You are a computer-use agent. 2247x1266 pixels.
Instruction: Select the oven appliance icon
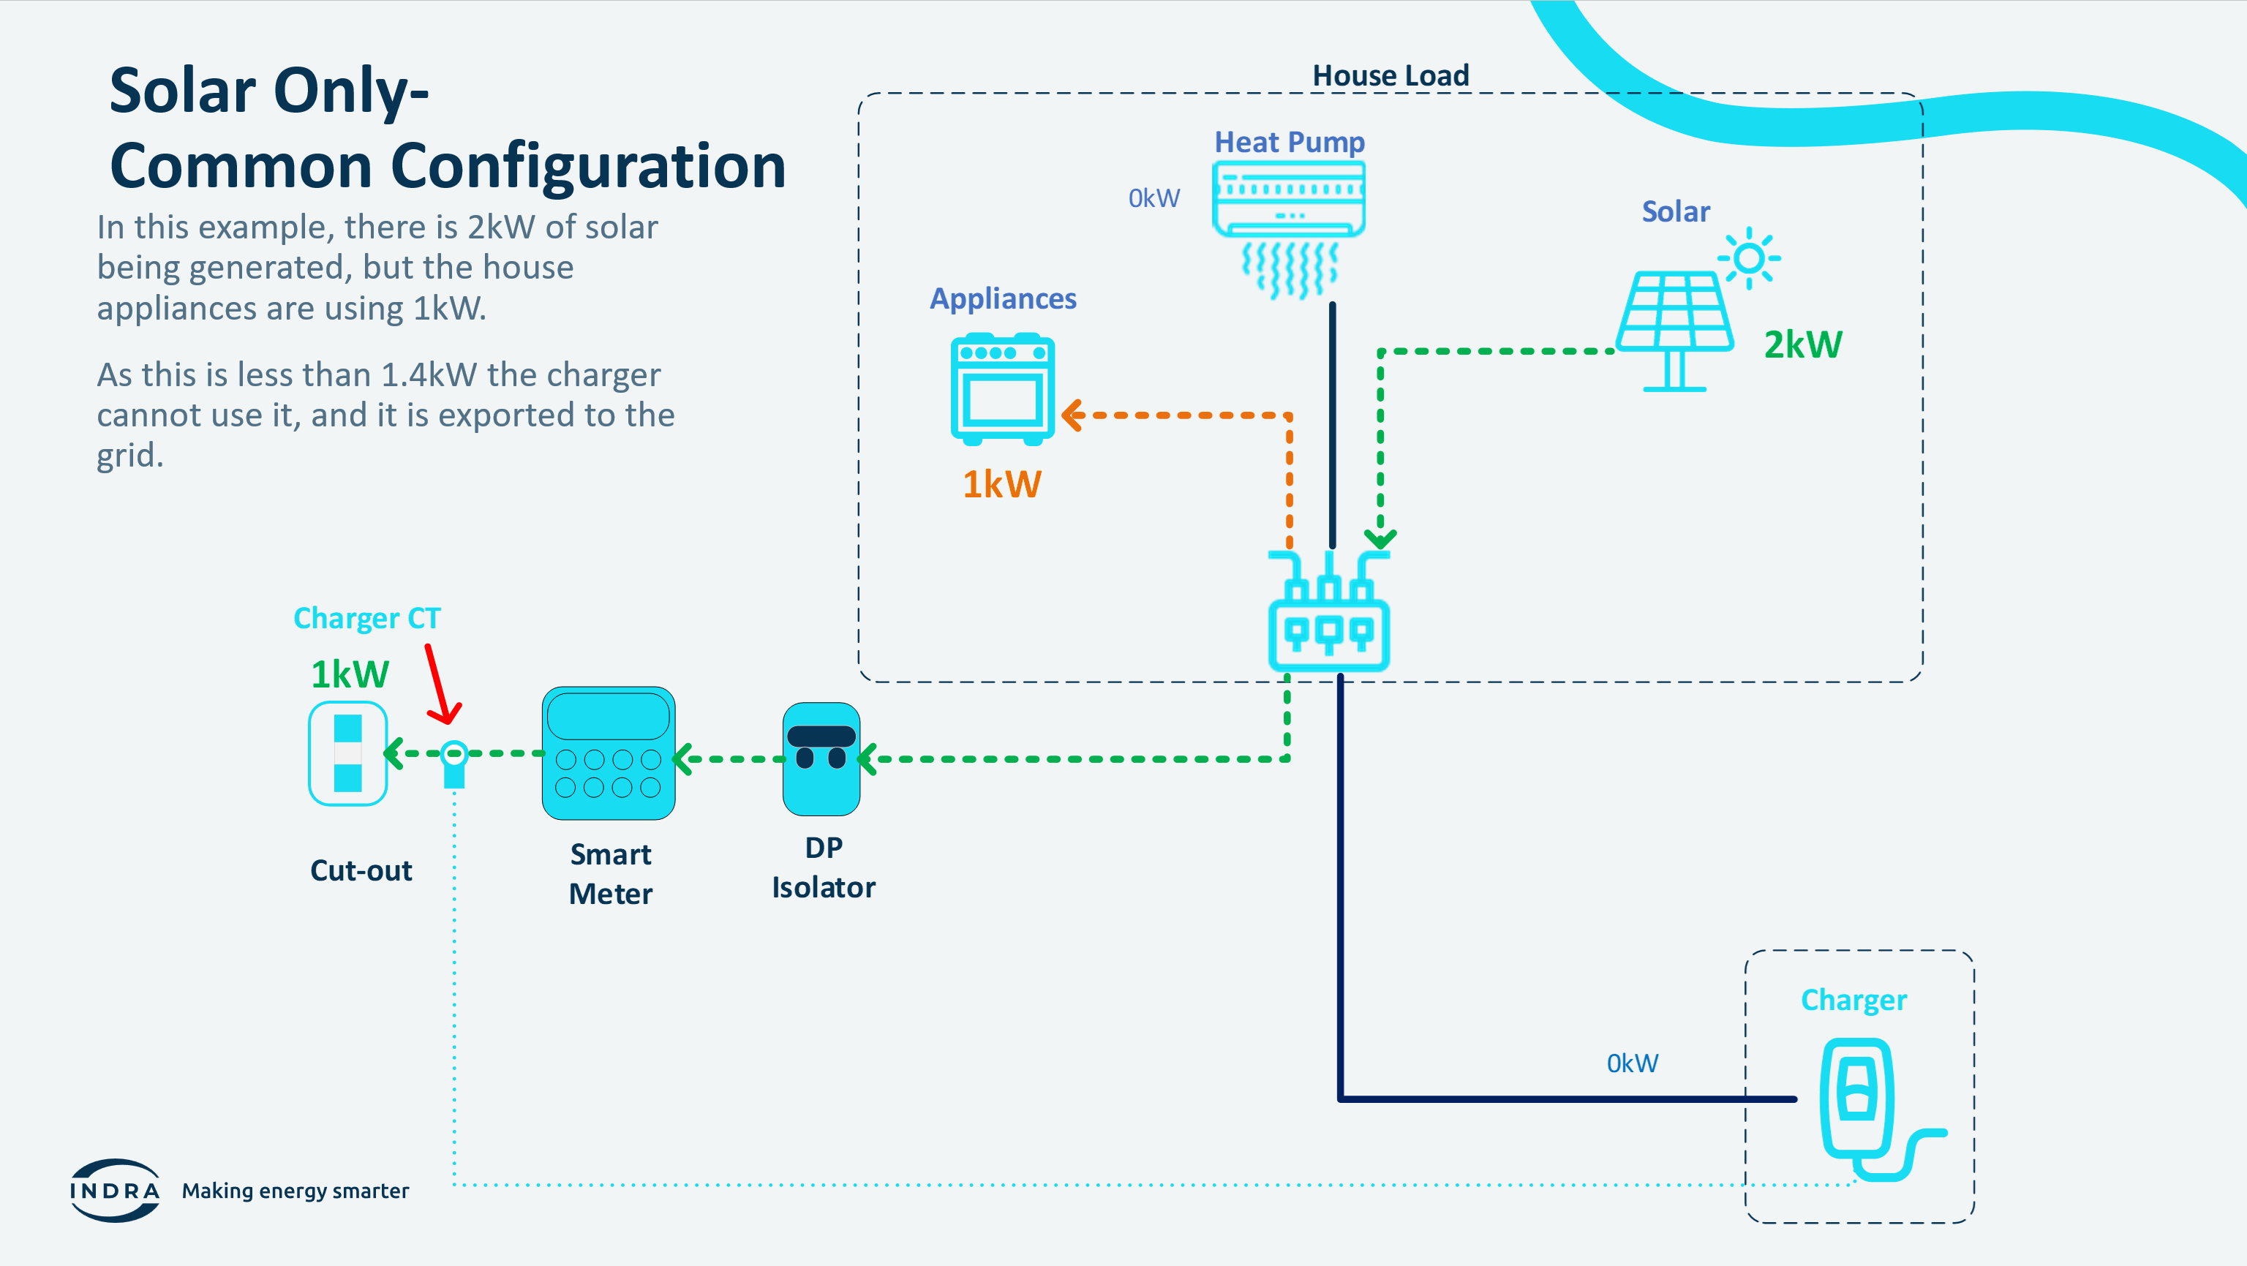click(x=1002, y=389)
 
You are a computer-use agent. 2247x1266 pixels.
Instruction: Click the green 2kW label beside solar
click(x=1803, y=344)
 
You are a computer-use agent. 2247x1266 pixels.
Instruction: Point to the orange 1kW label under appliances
click(x=1001, y=484)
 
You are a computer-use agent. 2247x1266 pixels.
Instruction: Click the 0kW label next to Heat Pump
click(x=1154, y=198)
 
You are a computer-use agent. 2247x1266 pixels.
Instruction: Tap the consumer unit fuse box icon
click(x=1328, y=611)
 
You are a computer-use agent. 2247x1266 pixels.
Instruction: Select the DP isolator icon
click(x=821, y=758)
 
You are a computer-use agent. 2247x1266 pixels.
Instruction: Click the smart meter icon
click(x=608, y=753)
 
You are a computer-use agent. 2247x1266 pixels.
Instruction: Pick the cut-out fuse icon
click(x=347, y=753)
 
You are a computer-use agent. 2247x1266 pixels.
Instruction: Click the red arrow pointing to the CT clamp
click(x=441, y=684)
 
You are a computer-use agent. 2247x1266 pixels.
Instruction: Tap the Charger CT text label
click(x=367, y=618)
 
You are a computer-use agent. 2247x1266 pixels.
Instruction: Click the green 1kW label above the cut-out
click(x=350, y=674)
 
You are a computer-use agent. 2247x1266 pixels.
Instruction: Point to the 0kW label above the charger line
click(x=1632, y=1063)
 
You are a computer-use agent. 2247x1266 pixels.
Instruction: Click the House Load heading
click(x=1390, y=76)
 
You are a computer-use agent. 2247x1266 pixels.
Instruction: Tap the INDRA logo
click(x=114, y=1190)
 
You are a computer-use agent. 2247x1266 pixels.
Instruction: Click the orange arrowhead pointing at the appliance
click(x=1072, y=415)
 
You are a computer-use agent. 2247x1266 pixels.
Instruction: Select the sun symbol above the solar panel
click(x=1748, y=258)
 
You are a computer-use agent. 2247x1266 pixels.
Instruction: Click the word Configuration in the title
click(x=588, y=166)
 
